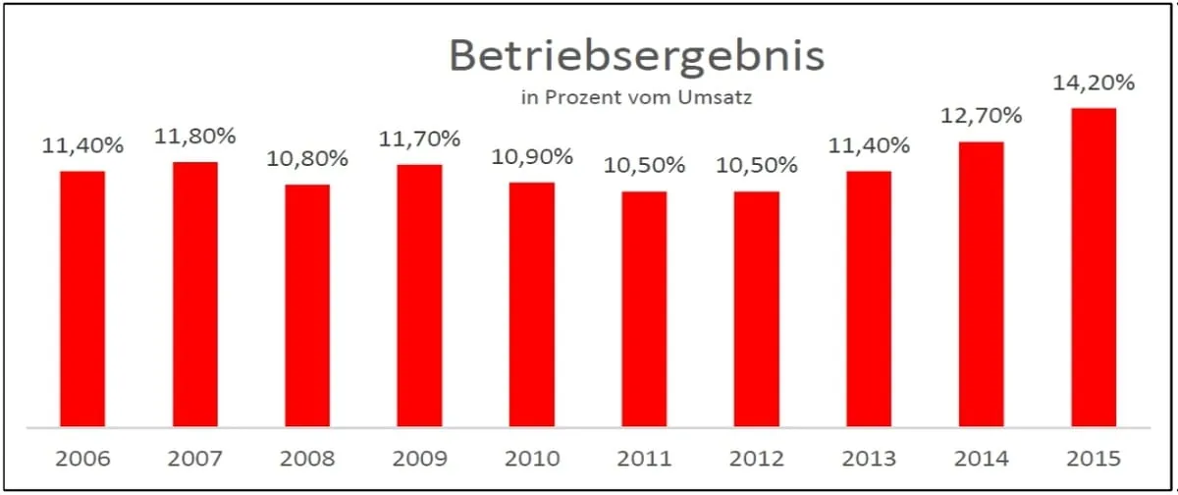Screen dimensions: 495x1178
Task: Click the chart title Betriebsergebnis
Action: pyautogui.click(x=636, y=56)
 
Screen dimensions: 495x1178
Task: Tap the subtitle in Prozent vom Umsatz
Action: pyautogui.click(x=636, y=97)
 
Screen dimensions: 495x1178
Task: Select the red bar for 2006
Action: pyautogui.click(x=82, y=299)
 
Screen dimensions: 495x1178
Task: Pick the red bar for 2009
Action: pyautogui.click(x=419, y=296)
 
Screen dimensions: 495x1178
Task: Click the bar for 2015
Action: pyautogui.click(x=1094, y=267)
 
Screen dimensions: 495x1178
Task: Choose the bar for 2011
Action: pyautogui.click(x=644, y=308)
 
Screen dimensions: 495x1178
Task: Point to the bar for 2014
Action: pyautogui.click(x=981, y=284)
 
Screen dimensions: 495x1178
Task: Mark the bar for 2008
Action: pyautogui.click(x=307, y=305)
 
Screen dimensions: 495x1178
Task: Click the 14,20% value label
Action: pyautogui.click(x=1094, y=83)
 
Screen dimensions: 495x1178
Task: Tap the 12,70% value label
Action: pyautogui.click(x=981, y=117)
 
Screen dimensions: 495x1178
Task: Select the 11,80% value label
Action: pyautogui.click(x=194, y=137)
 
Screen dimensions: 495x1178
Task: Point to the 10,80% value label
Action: pyautogui.click(x=307, y=158)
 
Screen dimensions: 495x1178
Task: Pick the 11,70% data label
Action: pyautogui.click(x=419, y=139)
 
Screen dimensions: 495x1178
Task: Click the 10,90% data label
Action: pyautogui.click(x=532, y=157)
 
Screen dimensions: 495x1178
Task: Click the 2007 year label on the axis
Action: pyautogui.click(x=194, y=459)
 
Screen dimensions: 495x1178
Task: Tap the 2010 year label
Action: pyautogui.click(x=532, y=459)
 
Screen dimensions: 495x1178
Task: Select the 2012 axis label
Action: pyautogui.click(x=757, y=459)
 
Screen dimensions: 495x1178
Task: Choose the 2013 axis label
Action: pyautogui.click(x=869, y=459)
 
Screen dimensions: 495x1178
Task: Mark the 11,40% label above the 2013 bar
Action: pyautogui.click(x=869, y=146)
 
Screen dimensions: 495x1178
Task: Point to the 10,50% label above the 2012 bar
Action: pyautogui.click(x=757, y=166)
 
